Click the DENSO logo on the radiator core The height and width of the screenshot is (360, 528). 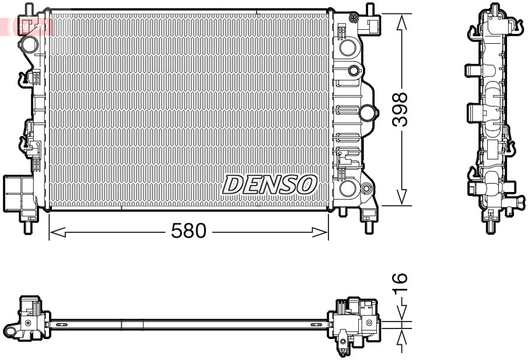click(269, 185)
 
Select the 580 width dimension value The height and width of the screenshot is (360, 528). click(189, 232)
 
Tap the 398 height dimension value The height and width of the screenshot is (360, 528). click(400, 109)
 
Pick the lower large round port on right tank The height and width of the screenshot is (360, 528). click(348, 187)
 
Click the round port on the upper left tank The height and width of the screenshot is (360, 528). click(29, 44)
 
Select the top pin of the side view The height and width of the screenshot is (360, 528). click(495, 9)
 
